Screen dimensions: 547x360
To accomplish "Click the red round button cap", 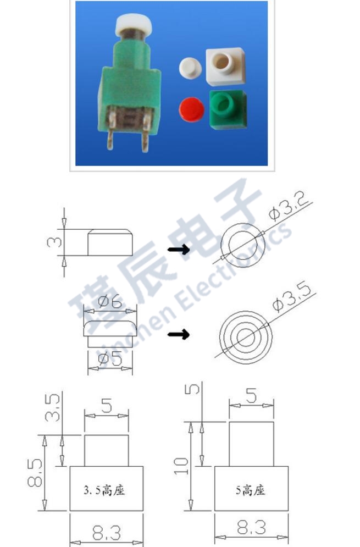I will coord(191,109).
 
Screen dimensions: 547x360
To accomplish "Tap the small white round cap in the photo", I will coord(190,68).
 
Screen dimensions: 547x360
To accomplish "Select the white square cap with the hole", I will coord(225,66).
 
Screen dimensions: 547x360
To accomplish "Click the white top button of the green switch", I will coord(134,24).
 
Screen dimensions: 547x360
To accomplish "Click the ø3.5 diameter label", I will coord(293,297).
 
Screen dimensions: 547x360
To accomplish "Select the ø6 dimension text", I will coord(109,302).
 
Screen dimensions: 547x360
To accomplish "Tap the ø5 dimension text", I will coord(109,360).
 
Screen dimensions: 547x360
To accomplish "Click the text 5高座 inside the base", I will coord(251,489).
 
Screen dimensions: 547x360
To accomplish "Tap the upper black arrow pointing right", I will coord(178,250).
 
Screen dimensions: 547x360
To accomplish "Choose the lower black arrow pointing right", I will coord(178,334).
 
